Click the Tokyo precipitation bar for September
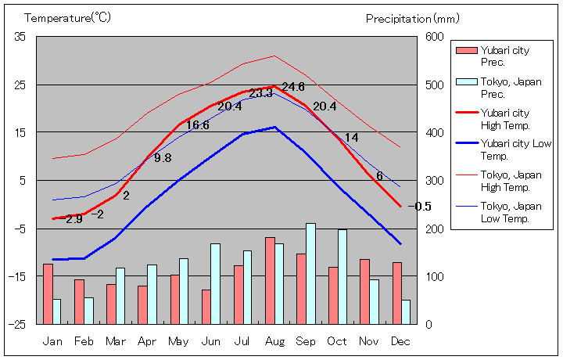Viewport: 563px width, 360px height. tap(311, 273)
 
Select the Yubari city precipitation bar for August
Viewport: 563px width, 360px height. tap(270, 280)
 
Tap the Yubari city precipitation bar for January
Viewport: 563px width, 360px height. tap(48, 293)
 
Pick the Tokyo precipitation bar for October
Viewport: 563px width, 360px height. tap(342, 276)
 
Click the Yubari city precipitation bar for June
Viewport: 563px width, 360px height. tap(206, 306)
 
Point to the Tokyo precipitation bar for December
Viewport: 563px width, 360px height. tap(406, 311)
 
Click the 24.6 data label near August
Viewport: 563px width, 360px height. tap(293, 86)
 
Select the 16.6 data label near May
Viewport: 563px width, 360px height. tap(197, 125)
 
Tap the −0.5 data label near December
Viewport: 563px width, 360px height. tap(419, 207)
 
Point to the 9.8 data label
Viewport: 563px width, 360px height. tap(163, 158)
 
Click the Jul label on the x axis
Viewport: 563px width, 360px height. tap(242, 341)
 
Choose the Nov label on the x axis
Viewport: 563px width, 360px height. tap(368, 341)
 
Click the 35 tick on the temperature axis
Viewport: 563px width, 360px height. tap(20, 37)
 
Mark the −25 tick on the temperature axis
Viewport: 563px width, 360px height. tap(17, 324)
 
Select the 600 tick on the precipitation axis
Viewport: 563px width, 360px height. tap(435, 37)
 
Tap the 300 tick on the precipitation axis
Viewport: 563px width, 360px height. tap(435, 181)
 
